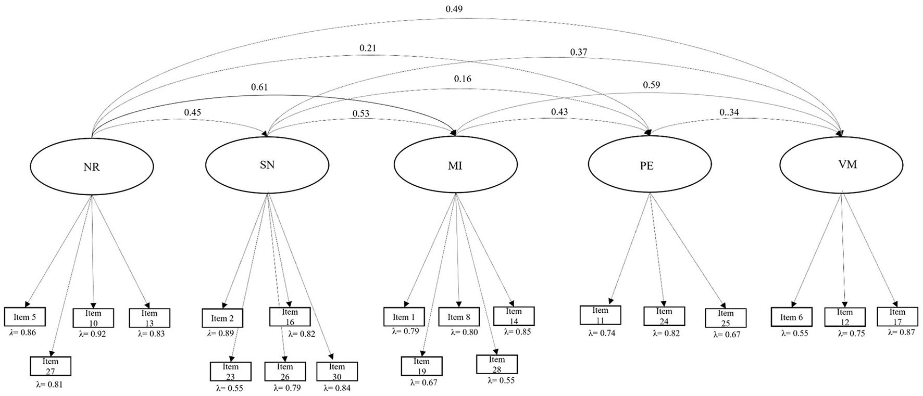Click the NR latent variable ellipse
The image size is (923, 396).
coord(92,167)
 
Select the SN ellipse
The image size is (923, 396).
coord(267,165)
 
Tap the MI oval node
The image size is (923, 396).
coord(455,166)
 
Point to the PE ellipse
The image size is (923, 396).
coord(650,166)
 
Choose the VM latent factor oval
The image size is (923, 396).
coord(841,165)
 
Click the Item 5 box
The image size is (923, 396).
coord(24,317)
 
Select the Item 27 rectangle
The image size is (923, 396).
coord(51,366)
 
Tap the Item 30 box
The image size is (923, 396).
coord(337,372)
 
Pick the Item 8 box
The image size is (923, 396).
coord(458,317)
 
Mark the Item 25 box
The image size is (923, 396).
coord(726,317)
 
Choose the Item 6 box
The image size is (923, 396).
coord(791,317)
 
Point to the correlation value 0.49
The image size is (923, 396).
coord(454,9)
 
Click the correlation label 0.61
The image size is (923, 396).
coord(259,87)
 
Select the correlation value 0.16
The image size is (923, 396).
coord(463,79)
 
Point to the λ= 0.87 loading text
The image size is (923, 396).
coord(901,332)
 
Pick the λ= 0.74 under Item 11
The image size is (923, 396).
coord(602,333)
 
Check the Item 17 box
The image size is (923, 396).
coord(897,316)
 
